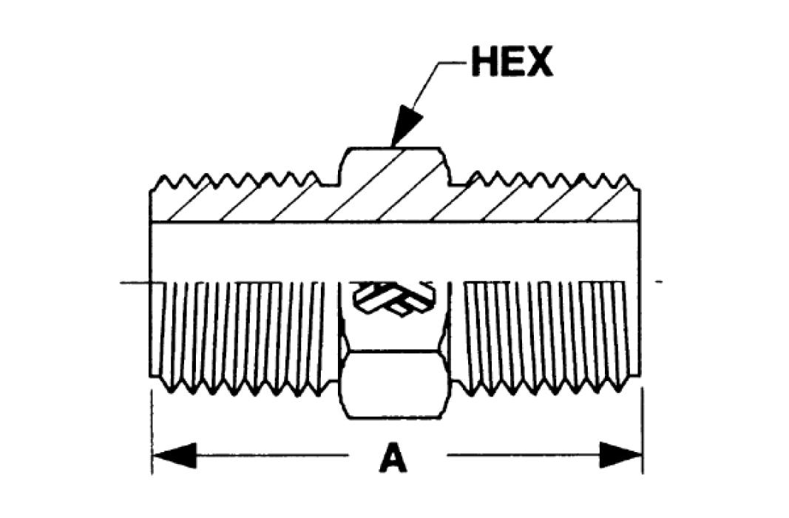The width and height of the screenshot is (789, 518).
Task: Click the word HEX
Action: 512,64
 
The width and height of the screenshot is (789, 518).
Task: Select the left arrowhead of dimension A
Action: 174,454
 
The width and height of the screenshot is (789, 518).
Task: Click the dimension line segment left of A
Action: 274,454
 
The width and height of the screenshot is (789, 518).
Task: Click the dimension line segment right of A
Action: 518,454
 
